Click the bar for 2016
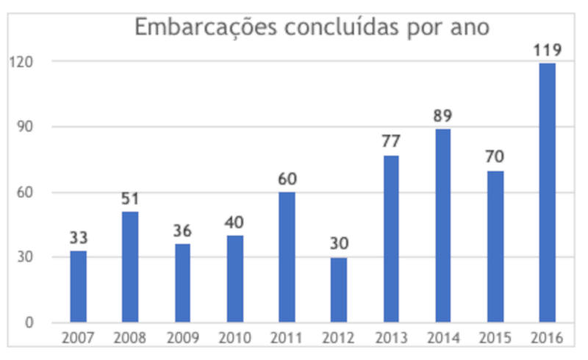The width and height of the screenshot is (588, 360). click(x=548, y=192)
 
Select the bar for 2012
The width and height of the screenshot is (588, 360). click(x=339, y=289)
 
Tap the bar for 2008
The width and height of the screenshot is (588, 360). click(x=130, y=267)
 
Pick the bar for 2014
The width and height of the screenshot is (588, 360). click(x=443, y=226)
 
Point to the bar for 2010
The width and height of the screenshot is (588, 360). click(x=234, y=278)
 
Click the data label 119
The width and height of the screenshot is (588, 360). click(x=548, y=51)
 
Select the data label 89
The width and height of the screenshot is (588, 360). click(x=443, y=116)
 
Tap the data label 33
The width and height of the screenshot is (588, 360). click(x=79, y=238)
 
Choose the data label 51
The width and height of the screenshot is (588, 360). click(x=130, y=199)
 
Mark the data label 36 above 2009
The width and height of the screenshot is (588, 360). click(x=182, y=231)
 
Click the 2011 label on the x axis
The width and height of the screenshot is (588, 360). click(x=287, y=339)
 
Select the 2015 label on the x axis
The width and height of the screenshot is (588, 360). click(x=495, y=339)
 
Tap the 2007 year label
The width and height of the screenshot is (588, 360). click(x=78, y=339)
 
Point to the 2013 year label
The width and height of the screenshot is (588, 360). click(x=391, y=339)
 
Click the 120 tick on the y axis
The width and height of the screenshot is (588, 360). click(x=22, y=62)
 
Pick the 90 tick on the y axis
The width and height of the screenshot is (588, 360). click(x=25, y=127)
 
